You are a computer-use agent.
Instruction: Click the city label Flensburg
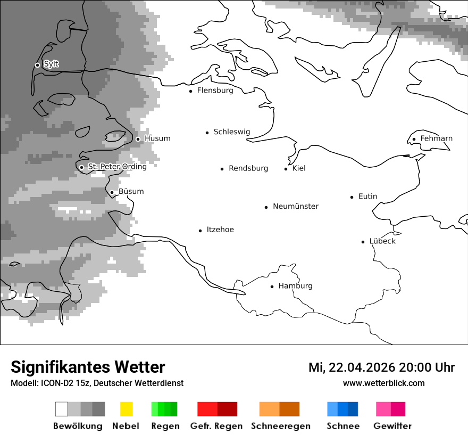tap(215, 91)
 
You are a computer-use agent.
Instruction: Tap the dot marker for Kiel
tap(286, 169)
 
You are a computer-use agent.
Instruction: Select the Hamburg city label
tap(295, 286)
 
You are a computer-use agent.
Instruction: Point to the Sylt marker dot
tap(37, 65)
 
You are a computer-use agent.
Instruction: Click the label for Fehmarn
tap(436, 138)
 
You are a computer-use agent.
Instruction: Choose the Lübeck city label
tap(382, 241)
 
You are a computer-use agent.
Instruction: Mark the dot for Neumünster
tap(266, 207)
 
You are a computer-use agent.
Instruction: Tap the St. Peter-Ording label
tap(117, 167)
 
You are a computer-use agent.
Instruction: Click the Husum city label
tap(157, 138)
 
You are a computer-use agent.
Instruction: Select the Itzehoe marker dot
tap(200, 231)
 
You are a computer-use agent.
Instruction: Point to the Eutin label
tap(367, 197)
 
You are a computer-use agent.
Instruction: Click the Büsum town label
tap(131, 192)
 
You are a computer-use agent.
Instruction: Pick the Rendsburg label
tap(248, 168)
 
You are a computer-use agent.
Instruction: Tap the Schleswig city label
tap(231, 132)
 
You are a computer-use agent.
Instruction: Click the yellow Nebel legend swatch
tap(126, 409)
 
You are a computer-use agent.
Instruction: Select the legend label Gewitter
tap(392, 426)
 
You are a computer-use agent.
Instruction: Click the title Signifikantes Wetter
tap(88, 367)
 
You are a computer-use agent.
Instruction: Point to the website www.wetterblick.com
tap(383, 383)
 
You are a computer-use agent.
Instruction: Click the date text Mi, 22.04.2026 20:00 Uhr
tap(381, 367)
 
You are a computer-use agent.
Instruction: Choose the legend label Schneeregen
tap(281, 426)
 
